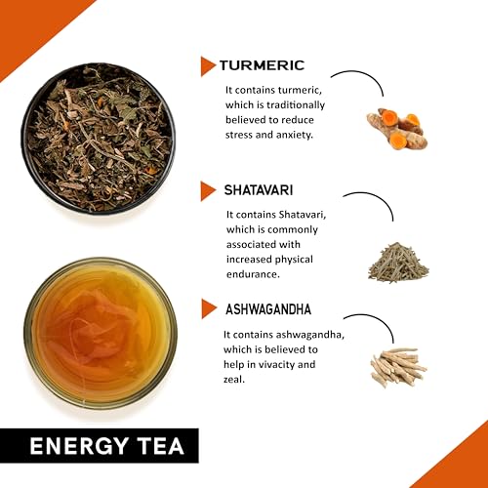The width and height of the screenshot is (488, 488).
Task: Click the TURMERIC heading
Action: [262, 65]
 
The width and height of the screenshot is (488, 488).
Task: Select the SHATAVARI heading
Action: [259, 190]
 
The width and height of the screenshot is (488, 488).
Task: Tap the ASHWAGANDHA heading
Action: [268, 309]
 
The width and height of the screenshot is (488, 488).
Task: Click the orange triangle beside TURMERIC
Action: [208, 66]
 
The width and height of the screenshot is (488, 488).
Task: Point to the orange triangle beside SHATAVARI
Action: [208, 191]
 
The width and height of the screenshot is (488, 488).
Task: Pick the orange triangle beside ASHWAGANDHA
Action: [209, 308]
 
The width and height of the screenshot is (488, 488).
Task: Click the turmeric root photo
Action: [397, 129]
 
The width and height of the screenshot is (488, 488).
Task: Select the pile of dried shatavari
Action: [398, 263]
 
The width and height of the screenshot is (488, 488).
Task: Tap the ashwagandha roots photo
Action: [398, 368]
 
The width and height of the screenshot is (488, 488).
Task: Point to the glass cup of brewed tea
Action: [101, 334]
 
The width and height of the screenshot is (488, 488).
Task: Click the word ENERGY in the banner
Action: [79, 446]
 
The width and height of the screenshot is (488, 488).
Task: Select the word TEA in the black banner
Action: [160, 446]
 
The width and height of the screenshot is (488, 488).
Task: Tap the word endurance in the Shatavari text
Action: [253, 274]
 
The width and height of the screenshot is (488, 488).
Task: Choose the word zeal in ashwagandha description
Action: [234, 380]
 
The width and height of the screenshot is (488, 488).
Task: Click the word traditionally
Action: [296, 105]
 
